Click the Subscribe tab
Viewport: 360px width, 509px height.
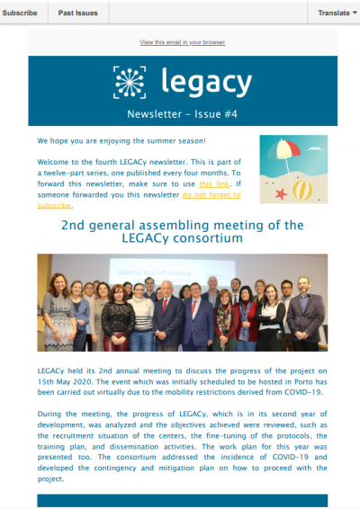pyautogui.click(x=19, y=13)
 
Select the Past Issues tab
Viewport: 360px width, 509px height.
pyautogui.click(x=78, y=13)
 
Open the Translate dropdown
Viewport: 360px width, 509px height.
pyautogui.click(x=334, y=13)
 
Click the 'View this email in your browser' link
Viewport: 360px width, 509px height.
pyautogui.click(x=182, y=42)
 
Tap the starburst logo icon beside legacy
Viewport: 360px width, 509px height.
pyautogui.click(x=130, y=82)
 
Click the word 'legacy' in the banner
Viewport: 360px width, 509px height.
pyautogui.click(x=206, y=82)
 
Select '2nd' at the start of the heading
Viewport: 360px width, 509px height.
pyautogui.click(x=75, y=225)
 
